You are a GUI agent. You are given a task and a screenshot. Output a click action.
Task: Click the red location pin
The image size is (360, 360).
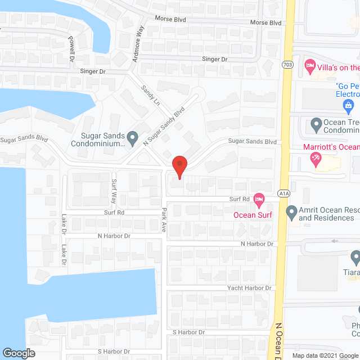coord(179,167)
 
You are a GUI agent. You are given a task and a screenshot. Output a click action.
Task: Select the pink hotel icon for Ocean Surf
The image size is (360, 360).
coord(259,199)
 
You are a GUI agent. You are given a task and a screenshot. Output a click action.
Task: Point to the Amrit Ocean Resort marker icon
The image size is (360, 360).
coord(291,212)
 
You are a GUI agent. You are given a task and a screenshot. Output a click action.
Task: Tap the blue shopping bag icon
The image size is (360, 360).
coord(348,105)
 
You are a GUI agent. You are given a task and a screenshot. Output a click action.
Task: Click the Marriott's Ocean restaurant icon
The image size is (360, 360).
coord(316,158)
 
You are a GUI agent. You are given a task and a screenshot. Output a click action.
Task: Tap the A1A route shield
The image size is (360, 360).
coord(285,193)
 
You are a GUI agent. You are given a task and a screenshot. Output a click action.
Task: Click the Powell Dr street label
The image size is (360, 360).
coord(71,49)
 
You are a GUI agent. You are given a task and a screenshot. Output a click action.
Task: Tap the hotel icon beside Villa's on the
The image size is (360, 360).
coord(309,67)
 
